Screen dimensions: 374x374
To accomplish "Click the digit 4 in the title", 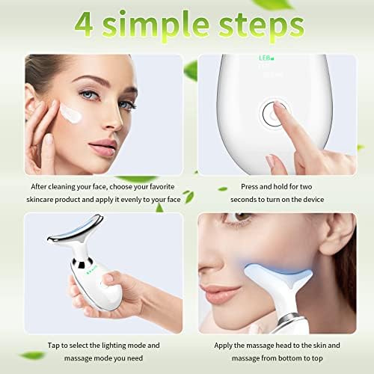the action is coord(84,25).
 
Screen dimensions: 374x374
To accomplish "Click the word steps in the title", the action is coord(261,27).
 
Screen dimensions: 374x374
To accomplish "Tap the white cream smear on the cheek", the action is coord(70,114).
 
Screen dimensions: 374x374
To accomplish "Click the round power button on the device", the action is coord(273,114).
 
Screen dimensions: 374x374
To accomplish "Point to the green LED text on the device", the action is coord(266,58).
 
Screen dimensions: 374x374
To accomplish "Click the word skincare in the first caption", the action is coord(40,200).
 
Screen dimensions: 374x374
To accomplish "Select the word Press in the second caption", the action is coord(249,186).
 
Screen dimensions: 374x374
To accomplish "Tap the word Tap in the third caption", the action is coord(53,346).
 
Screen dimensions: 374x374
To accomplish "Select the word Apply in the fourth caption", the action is coord(223,346).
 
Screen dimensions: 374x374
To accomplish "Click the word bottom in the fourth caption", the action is coord(291,358).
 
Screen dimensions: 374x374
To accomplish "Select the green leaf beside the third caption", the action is coord(32,355).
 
